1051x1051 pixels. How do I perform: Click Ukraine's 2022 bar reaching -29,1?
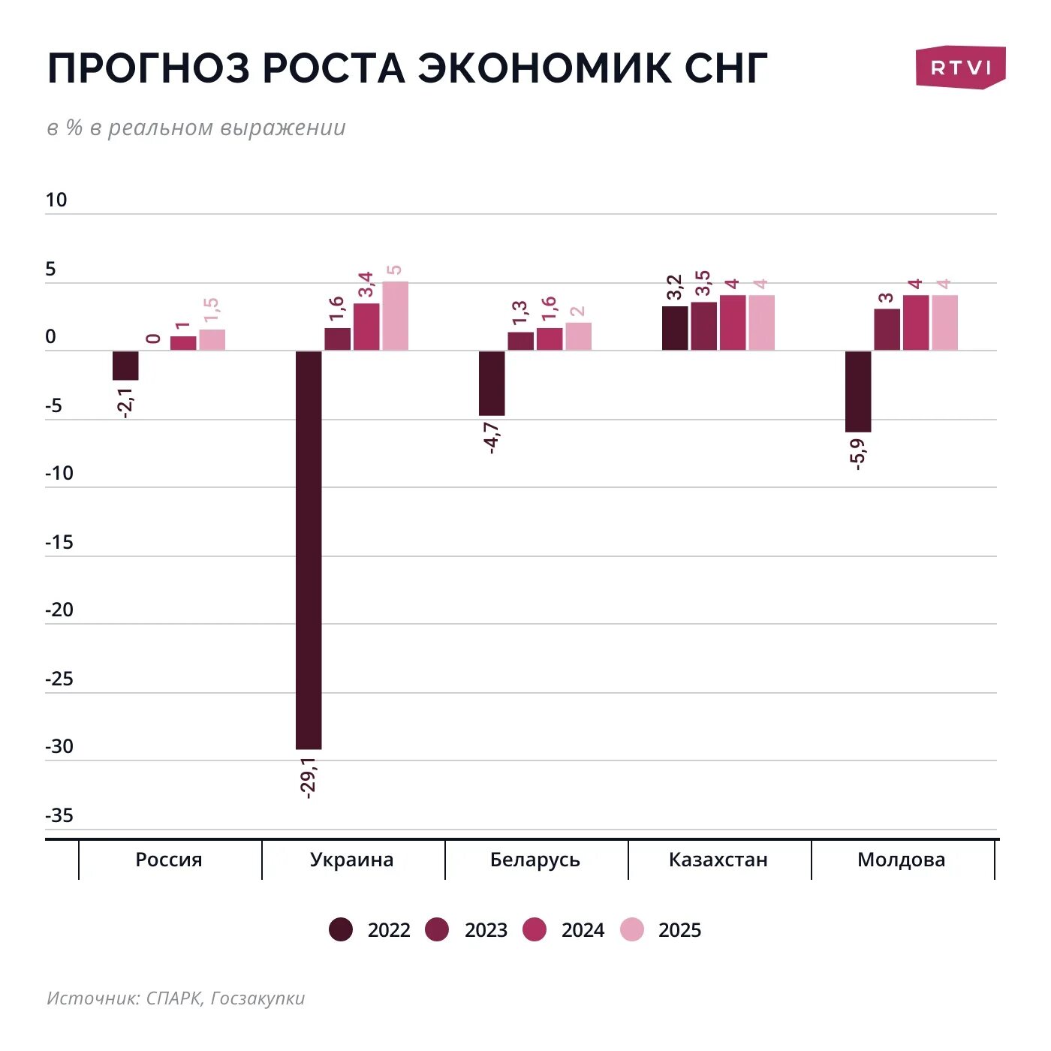(x=309, y=550)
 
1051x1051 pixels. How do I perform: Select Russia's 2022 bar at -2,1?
(x=125, y=366)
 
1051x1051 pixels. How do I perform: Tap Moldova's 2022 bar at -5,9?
(x=858, y=391)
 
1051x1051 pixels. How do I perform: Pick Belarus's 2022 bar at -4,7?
(x=492, y=383)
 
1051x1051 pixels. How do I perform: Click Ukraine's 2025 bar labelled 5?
(x=395, y=316)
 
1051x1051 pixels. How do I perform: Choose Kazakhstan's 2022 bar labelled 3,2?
(x=675, y=328)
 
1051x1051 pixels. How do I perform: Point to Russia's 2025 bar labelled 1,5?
(x=212, y=340)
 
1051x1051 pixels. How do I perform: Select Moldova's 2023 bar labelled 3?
(x=887, y=330)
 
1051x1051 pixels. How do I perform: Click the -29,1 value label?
(x=309, y=777)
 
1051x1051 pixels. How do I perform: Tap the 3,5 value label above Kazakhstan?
(x=703, y=285)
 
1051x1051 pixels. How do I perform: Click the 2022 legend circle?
(x=342, y=929)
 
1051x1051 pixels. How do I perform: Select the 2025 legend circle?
(x=632, y=929)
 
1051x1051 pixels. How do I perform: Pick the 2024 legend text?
(x=583, y=930)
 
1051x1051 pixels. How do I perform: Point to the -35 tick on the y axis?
(x=59, y=815)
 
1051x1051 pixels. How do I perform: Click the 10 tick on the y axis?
(x=56, y=200)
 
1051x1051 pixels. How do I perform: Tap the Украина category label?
(x=351, y=860)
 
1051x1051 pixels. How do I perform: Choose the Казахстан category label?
(x=718, y=860)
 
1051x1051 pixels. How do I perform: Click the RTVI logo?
(x=960, y=68)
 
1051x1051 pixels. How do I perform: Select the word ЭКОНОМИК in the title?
(x=545, y=68)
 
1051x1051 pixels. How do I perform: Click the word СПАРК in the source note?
(x=173, y=998)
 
